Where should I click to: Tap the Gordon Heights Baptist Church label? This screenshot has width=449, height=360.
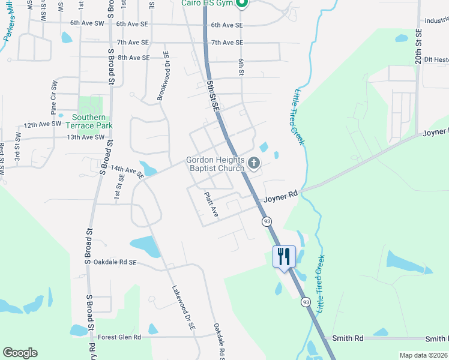pos(215,164)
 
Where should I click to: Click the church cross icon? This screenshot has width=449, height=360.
pos(254,163)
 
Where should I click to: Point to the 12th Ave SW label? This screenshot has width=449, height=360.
pos(43,124)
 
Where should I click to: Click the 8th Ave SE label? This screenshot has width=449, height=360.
pos(133,58)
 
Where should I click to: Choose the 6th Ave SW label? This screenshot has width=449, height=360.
pos(86,23)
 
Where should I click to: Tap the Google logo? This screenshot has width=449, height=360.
pos(20,353)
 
